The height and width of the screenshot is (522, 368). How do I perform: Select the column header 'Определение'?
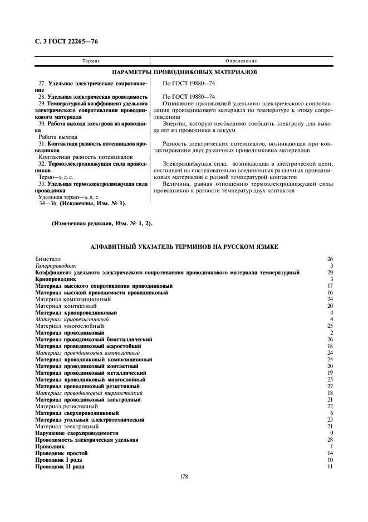pyautogui.click(x=241, y=60)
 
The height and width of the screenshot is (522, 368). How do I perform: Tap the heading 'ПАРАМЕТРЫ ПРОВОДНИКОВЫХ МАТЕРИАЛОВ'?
pyautogui.click(x=184, y=72)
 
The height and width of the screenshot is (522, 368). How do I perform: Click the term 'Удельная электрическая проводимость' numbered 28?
pyautogui.click(x=97, y=96)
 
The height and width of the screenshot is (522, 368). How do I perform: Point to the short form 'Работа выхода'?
pyautogui.click(x=58, y=136)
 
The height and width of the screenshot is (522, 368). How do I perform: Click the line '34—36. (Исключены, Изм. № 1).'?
pyautogui.click(x=82, y=203)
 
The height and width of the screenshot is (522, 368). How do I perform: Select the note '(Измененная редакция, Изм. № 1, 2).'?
pyautogui.click(x=102, y=223)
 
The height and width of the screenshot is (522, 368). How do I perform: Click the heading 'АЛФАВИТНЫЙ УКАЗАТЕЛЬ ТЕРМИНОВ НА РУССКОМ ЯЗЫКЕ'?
pyautogui.click(x=184, y=246)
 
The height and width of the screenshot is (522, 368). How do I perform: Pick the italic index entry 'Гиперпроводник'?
pyautogui.click(x=56, y=266)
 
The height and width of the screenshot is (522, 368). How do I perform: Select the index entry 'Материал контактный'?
pyautogui.click(x=66, y=306)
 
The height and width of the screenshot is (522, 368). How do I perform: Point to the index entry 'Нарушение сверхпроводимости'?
pyautogui.click(x=77, y=433)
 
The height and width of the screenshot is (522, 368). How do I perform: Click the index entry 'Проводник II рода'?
pyautogui.click(x=60, y=466)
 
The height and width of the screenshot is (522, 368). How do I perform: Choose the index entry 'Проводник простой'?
pyautogui.click(x=61, y=453)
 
